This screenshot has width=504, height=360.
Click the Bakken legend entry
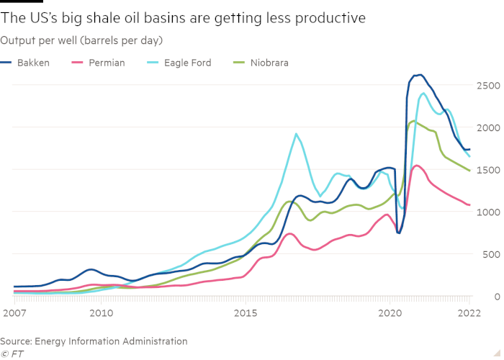33,63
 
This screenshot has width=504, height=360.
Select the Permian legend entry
107,63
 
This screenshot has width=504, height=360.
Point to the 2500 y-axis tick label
486,86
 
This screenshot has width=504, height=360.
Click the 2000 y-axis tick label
486,127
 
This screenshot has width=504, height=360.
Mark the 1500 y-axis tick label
486,170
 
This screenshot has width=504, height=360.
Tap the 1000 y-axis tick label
486,212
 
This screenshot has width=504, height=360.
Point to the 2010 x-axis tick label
101,314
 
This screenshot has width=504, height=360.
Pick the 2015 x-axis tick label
246,314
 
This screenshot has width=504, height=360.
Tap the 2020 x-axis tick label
390,314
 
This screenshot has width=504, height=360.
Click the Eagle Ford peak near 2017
296,134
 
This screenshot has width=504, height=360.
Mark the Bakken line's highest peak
420,75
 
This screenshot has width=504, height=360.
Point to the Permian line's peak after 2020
417,166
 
